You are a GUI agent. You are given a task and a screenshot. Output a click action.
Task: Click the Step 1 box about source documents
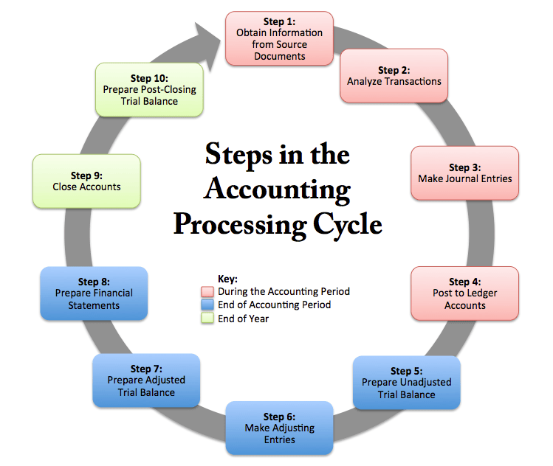279,38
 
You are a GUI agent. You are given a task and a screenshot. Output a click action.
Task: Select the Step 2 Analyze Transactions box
394,76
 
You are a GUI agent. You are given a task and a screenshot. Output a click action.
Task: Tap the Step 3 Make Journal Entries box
465,173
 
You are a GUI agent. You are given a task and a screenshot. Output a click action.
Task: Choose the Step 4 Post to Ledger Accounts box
465,293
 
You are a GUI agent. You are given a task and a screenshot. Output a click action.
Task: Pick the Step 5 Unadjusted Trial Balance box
407,383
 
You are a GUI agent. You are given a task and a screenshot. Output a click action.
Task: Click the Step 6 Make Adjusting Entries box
279,428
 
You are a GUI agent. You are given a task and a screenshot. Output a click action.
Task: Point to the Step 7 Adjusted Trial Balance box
146,380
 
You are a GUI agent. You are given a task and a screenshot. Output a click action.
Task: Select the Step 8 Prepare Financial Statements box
94,293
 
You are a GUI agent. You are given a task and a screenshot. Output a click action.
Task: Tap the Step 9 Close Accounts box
87,181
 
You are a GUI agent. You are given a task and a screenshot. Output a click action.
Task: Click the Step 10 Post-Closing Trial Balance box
149,90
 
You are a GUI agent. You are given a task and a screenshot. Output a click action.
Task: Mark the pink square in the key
207,292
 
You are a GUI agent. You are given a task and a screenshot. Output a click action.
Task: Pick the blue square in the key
207,305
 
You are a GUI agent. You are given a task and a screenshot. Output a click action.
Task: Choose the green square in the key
207,318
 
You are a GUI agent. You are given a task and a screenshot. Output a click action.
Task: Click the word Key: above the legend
228,279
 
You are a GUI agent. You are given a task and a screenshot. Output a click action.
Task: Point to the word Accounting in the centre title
277,189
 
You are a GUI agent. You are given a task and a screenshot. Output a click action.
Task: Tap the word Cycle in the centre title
348,224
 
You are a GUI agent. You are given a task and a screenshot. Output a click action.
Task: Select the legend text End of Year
244,319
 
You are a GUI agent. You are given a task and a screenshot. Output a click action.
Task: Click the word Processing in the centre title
240,224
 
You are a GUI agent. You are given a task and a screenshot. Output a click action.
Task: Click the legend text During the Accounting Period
284,292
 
